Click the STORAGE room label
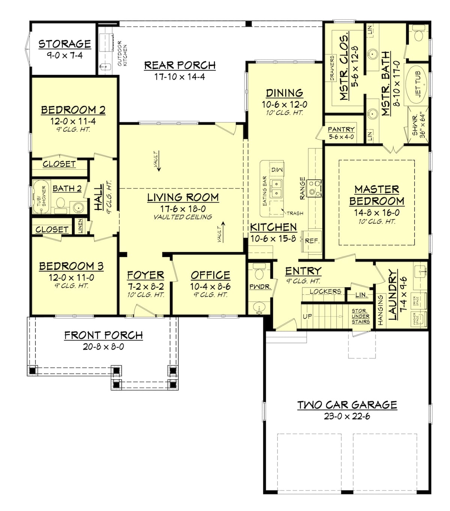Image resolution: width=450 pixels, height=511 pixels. (64, 44)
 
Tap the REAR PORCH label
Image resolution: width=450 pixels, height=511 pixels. (180, 65)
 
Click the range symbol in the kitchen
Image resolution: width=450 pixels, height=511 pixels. (314, 188)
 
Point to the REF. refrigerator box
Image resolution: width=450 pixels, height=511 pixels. (312, 241)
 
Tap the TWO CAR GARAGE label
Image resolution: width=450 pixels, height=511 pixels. (347, 405)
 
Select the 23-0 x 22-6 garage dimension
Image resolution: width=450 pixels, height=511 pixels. (347, 416)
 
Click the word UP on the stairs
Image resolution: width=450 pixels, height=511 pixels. (307, 317)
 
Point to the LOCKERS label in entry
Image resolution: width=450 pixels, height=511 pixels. (325, 291)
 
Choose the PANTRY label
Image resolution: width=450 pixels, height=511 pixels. (341, 130)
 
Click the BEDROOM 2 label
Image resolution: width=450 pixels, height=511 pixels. (73, 110)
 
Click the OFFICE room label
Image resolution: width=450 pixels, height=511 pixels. (210, 275)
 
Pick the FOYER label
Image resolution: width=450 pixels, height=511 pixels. (145, 275)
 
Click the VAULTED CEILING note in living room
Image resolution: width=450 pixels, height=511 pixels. (183, 217)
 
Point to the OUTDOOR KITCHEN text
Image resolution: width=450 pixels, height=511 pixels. (122, 53)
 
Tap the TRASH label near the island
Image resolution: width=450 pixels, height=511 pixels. (295, 213)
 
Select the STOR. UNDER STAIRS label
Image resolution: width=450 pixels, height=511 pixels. (361, 316)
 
